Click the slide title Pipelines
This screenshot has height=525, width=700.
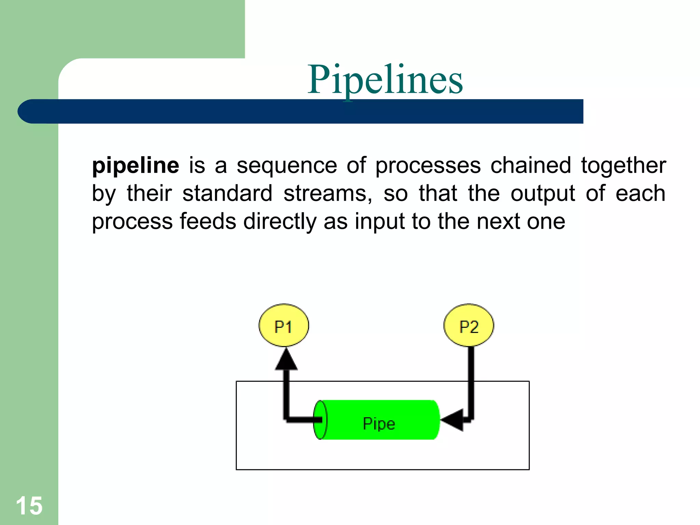click(x=385, y=80)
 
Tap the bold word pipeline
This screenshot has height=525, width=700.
click(x=135, y=166)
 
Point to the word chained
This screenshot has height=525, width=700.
click(x=531, y=166)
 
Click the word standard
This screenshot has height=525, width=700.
click(x=227, y=193)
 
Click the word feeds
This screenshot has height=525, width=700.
click(x=208, y=221)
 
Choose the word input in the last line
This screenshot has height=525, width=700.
click(x=380, y=222)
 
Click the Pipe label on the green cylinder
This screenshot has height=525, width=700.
click(x=379, y=423)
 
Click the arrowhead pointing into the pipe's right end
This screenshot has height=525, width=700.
click(x=452, y=420)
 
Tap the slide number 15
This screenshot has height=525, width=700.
click(x=29, y=506)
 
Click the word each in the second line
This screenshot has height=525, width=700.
click(x=640, y=193)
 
